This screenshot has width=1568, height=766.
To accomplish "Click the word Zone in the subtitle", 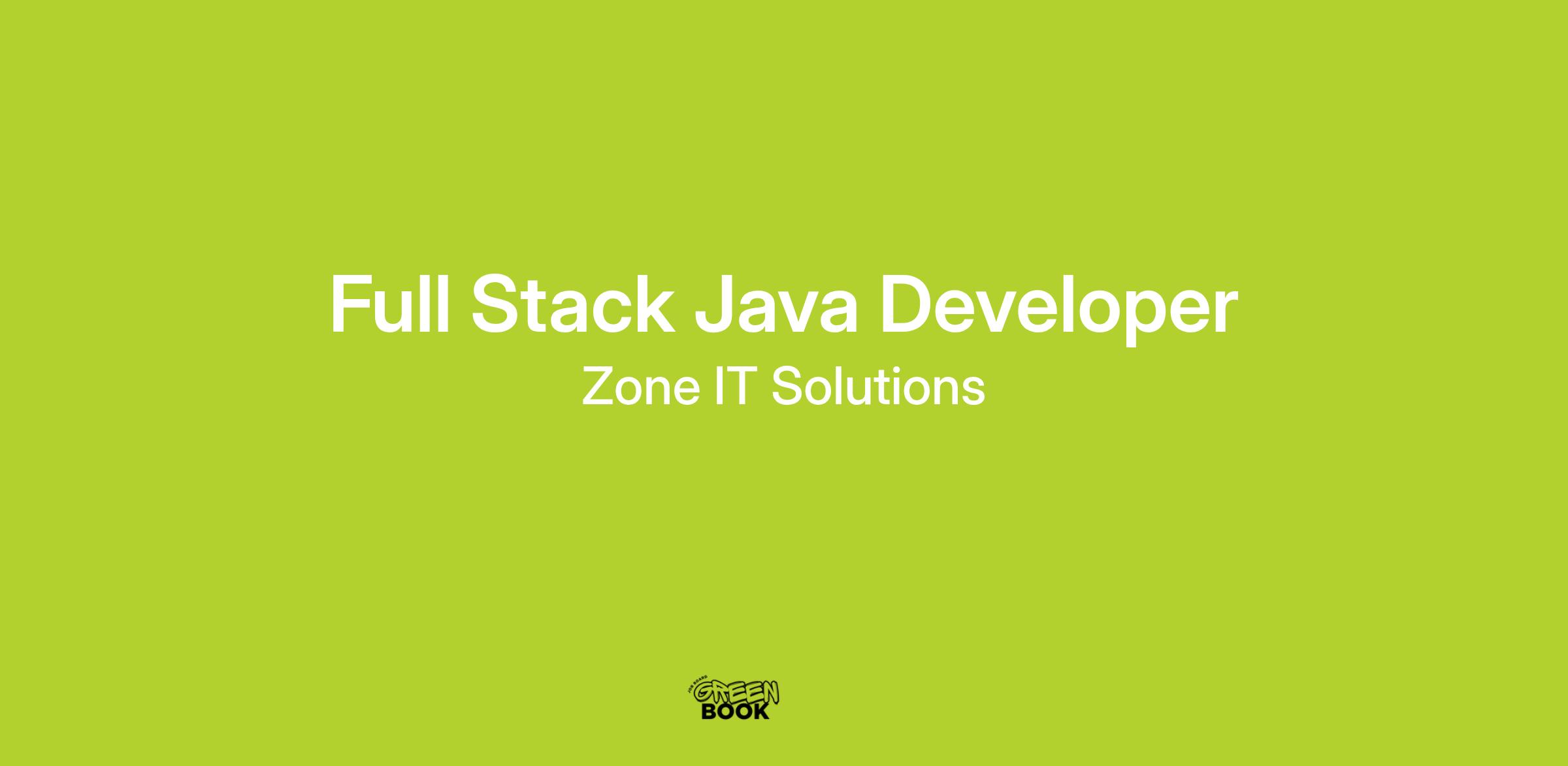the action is tap(640, 387).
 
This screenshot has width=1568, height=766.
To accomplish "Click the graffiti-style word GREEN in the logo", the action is tap(737, 692).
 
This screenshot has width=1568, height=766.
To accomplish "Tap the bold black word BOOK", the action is tap(735, 711).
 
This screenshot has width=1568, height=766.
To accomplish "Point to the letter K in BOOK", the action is tap(760, 711).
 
